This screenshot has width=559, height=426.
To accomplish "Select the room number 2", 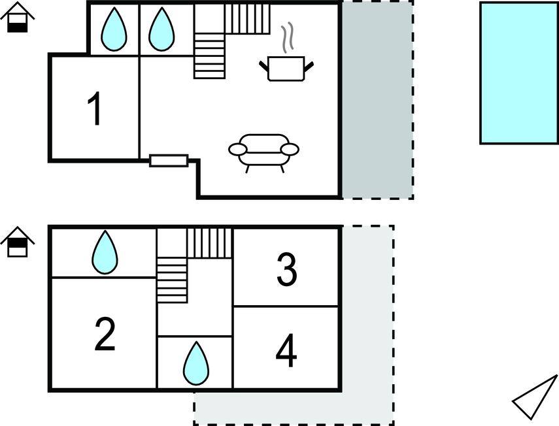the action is (105, 334).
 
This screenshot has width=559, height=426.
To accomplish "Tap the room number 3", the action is (286, 269).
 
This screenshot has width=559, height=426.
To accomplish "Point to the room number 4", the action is (286, 350).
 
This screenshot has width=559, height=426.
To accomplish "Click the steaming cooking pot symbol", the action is (286, 69).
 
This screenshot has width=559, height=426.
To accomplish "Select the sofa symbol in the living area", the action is (264, 152).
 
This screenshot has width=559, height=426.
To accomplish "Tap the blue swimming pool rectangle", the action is (519, 73).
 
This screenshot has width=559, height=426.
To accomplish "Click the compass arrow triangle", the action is (535, 397).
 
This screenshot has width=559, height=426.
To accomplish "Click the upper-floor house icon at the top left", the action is (18, 17).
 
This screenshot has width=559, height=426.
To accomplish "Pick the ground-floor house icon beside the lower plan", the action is (18, 242).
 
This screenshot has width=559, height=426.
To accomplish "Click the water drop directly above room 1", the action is (114, 29).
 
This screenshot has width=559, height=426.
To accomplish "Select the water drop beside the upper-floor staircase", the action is (161, 29).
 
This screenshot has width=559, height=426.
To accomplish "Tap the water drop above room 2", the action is (105, 252).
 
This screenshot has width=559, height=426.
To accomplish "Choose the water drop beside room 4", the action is (196, 363).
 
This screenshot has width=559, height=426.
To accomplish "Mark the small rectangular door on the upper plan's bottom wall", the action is (169, 161).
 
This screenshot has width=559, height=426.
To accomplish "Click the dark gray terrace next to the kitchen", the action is (377, 99).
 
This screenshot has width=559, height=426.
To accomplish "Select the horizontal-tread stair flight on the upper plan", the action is (210, 56).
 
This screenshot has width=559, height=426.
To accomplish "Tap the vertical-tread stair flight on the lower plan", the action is (210, 243).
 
